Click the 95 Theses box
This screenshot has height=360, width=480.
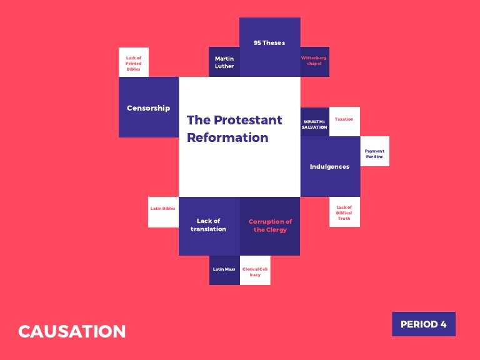269,47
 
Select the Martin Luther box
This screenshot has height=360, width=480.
224,62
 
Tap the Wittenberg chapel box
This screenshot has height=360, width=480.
314,61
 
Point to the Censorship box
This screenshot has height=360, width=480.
149,107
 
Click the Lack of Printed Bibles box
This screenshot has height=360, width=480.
134,62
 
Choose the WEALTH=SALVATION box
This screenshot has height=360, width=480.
314,122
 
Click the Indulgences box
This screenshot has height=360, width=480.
330,167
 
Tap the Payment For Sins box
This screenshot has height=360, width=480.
374,152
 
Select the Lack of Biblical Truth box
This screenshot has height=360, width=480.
344,212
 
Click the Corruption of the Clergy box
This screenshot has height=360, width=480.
270,226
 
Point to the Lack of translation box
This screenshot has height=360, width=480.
209,226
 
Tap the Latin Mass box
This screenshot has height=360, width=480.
224,270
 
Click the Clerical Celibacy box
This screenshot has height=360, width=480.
255,271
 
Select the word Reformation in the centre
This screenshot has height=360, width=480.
227,137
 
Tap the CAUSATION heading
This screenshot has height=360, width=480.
72,331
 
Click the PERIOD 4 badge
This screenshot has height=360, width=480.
423,324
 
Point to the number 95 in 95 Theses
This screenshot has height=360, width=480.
257,43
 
